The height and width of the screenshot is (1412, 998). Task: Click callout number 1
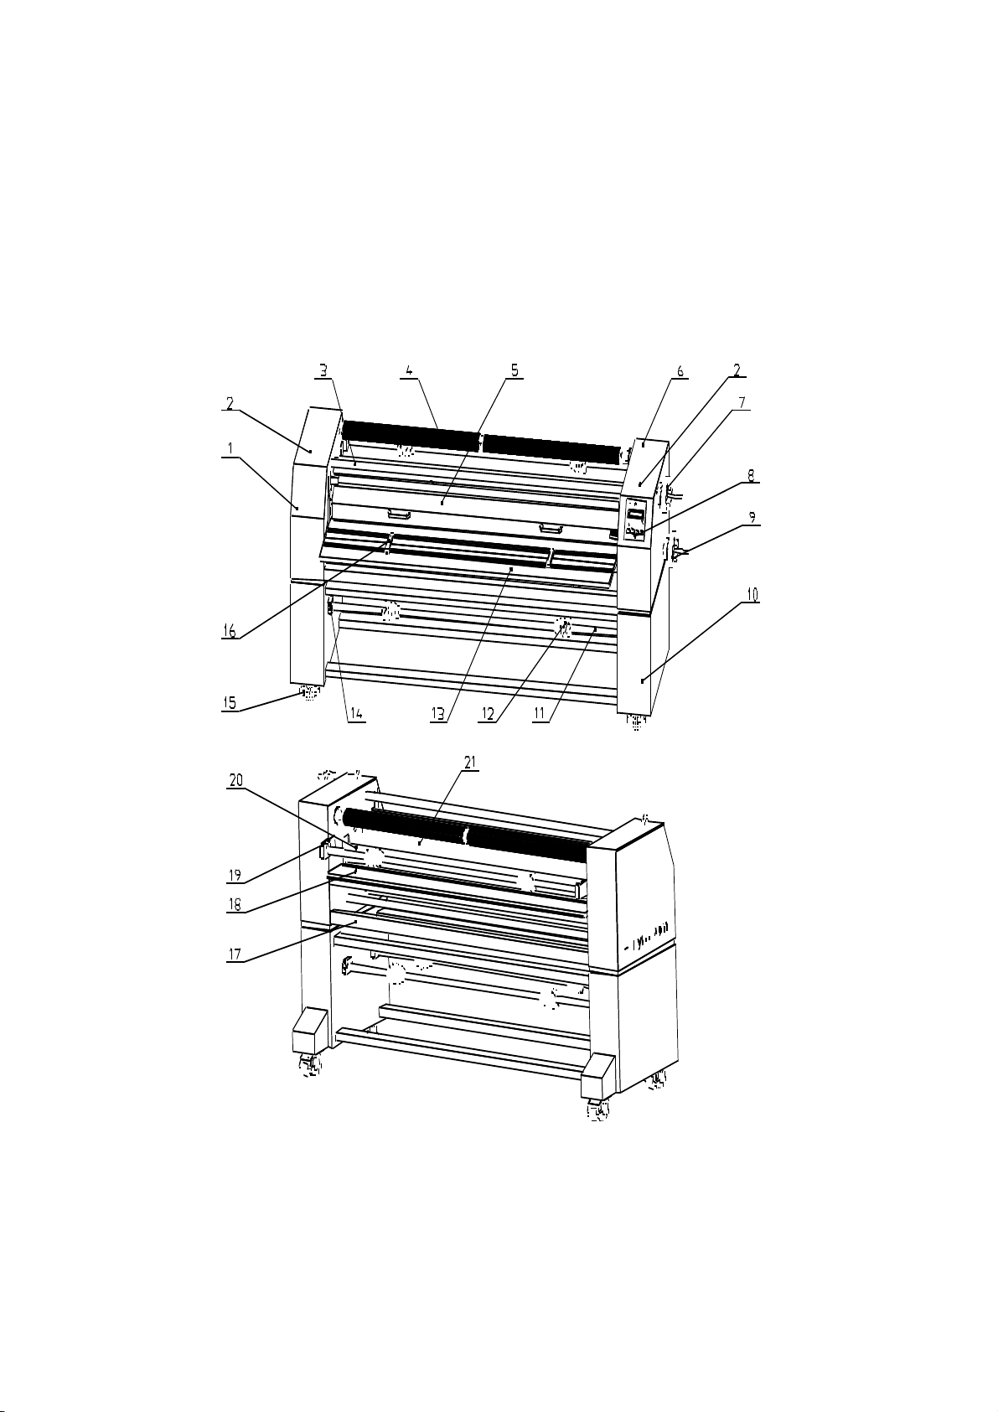[x=230, y=448]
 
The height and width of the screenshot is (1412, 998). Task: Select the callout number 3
[x=323, y=370]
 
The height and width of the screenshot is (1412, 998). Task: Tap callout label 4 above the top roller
[x=409, y=370]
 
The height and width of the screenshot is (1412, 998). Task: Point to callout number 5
[x=515, y=370]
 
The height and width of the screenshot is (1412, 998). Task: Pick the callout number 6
[x=680, y=371]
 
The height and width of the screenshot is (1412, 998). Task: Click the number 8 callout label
[x=750, y=475]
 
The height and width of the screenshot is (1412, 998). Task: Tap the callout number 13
[x=438, y=714]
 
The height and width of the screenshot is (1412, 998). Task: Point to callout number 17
[x=235, y=954]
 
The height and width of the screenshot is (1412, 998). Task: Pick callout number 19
[x=235, y=876]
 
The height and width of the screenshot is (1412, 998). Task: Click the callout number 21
[x=470, y=762]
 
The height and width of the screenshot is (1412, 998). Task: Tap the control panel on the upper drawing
[x=635, y=520]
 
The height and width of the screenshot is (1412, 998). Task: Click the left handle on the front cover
[x=399, y=515]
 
